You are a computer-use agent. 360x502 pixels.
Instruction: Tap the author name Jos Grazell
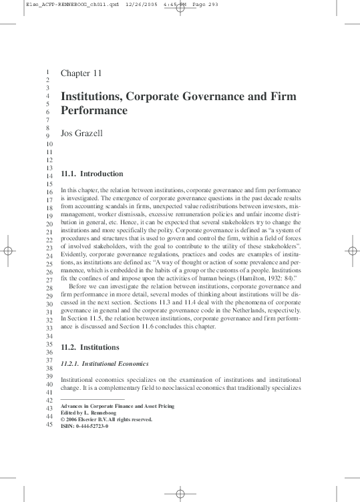(x=83, y=134)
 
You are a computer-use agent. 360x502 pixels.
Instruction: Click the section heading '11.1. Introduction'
(x=92, y=174)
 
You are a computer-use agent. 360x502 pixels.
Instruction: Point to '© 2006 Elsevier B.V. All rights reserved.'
(x=106, y=419)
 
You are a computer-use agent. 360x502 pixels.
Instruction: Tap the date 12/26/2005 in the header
(x=142, y=5)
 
